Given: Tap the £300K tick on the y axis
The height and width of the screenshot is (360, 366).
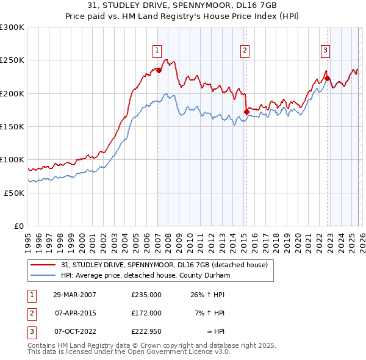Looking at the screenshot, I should tap(12, 27).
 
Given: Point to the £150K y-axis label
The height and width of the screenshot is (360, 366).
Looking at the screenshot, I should tap(12, 126).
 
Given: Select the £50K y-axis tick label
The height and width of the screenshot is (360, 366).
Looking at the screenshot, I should tap(15, 192).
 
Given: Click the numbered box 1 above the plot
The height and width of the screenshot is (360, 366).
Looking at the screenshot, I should tap(157, 51).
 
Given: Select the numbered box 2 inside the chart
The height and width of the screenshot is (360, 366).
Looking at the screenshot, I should tap(245, 51).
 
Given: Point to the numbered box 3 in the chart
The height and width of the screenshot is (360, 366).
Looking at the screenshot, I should tap(325, 51).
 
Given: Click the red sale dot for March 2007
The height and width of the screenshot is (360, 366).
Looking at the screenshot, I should tap(159, 70).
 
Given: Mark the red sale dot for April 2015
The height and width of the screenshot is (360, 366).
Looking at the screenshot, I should tap(246, 112).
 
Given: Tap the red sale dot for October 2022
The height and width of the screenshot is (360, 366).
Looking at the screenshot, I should tap(327, 78).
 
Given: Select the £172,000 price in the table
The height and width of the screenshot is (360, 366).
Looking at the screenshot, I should tap(146, 312).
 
